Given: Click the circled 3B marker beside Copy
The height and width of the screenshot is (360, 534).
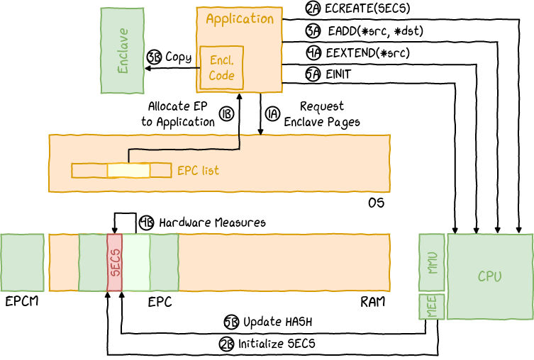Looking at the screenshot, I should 154,58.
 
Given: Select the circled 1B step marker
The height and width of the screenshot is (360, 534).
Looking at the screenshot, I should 226,115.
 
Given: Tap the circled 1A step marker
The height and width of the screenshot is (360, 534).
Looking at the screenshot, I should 272,114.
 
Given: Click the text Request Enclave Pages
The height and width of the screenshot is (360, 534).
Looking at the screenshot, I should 321,114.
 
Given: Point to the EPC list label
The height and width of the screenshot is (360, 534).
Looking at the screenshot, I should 198,171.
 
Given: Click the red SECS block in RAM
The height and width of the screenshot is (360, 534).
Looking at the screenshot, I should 114,262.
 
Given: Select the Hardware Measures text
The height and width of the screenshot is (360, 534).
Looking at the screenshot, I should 212,223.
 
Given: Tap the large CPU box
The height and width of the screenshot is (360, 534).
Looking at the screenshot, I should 489,276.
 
